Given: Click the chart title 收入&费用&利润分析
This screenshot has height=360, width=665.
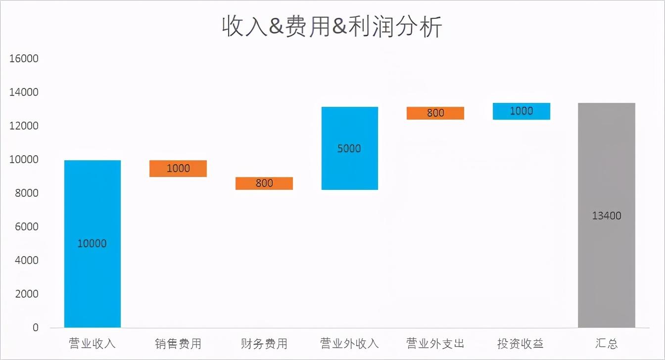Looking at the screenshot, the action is click(x=332, y=27).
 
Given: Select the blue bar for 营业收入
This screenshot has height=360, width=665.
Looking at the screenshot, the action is click(x=93, y=277).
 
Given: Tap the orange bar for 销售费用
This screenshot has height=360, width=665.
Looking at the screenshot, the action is click(x=178, y=169).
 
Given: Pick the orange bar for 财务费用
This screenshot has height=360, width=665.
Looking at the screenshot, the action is click(x=264, y=183).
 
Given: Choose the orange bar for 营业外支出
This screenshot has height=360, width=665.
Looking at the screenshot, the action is click(x=435, y=113).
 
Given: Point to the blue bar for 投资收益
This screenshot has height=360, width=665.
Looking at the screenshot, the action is click(x=522, y=111).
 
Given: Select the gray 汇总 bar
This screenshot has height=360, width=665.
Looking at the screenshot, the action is click(x=607, y=267).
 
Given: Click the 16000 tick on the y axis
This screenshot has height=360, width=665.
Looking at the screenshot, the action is click(x=24, y=59).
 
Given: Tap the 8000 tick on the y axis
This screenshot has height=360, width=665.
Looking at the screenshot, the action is click(x=27, y=193).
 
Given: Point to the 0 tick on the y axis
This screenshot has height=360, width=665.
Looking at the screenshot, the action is click(x=35, y=327).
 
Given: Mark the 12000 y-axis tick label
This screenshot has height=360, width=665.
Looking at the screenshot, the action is click(x=24, y=126).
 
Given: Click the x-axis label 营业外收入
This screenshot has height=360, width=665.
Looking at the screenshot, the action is click(x=349, y=343).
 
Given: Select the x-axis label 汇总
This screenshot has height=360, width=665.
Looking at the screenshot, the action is click(x=607, y=343).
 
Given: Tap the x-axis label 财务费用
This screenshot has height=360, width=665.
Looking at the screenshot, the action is click(x=264, y=343).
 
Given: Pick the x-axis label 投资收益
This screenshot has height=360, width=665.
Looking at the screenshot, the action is click(x=521, y=343).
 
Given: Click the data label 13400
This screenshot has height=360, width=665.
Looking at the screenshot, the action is click(x=607, y=216).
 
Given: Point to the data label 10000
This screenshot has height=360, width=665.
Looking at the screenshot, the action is click(x=92, y=244).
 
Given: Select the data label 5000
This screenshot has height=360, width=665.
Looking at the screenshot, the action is click(x=349, y=149).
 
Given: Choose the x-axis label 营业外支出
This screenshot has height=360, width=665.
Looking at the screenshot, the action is click(x=435, y=343).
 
